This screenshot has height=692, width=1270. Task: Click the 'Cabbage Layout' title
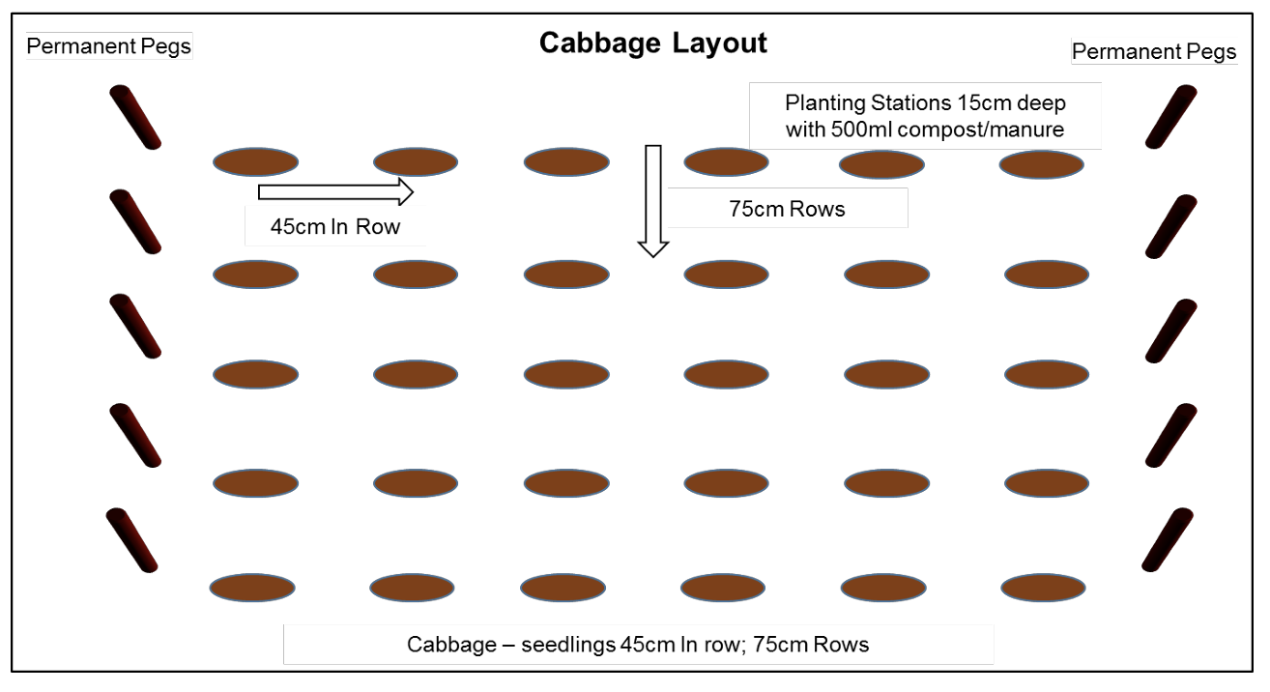coord(652,43)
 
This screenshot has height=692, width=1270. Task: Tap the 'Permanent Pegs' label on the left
coord(109,45)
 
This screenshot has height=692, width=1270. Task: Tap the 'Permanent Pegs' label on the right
coord(1154,51)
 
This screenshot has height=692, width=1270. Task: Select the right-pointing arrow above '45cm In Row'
coord(335,192)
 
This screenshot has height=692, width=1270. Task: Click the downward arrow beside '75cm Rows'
coord(653,200)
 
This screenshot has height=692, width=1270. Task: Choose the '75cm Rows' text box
coord(789,209)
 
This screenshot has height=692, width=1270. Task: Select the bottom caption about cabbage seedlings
coord(638,645)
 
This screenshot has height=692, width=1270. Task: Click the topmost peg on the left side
coord(134,117)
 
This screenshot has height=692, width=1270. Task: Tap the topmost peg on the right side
coord(1170,117)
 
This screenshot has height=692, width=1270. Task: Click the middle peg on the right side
coord(1170,331)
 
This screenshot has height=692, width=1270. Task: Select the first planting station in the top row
coord(255,162)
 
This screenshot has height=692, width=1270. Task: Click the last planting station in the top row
coord(1041,164)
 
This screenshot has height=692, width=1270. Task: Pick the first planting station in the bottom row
coord(252,587)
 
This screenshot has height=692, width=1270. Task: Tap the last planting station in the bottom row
coord(1044,588)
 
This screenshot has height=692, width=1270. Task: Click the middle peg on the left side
coord(134,327)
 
